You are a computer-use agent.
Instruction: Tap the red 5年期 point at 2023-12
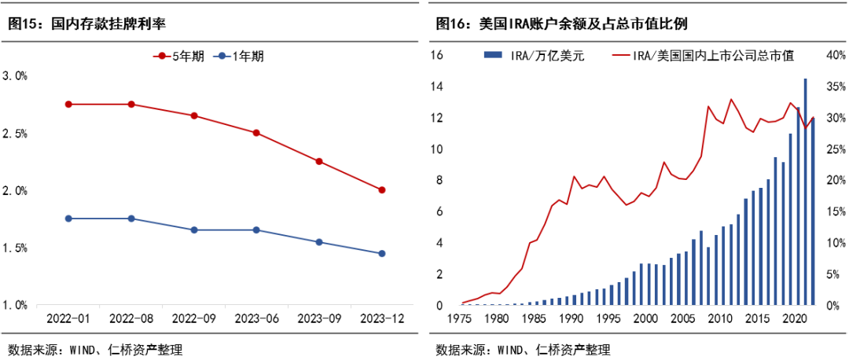pos(382,189)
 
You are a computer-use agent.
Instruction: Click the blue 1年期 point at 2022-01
pos(68,219)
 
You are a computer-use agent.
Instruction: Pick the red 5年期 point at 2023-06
pos(256,133)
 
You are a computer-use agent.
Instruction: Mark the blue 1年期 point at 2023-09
pos(319,242)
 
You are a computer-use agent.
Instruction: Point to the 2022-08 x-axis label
pos(131,319)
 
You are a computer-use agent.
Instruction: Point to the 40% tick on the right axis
pos(834,55)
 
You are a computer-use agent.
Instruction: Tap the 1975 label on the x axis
pos(462,319)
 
